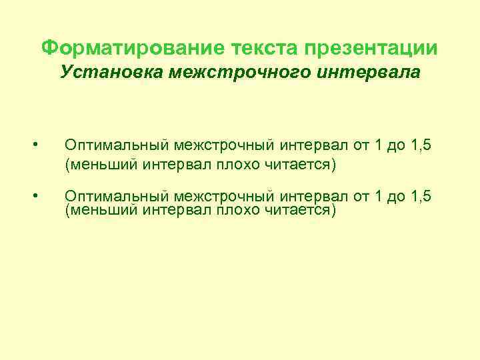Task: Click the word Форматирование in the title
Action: (x=133, y=48)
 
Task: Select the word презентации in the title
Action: (x=372, y=48)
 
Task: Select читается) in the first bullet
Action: (x=302, y=163)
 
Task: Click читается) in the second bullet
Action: (x=302, y=211)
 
